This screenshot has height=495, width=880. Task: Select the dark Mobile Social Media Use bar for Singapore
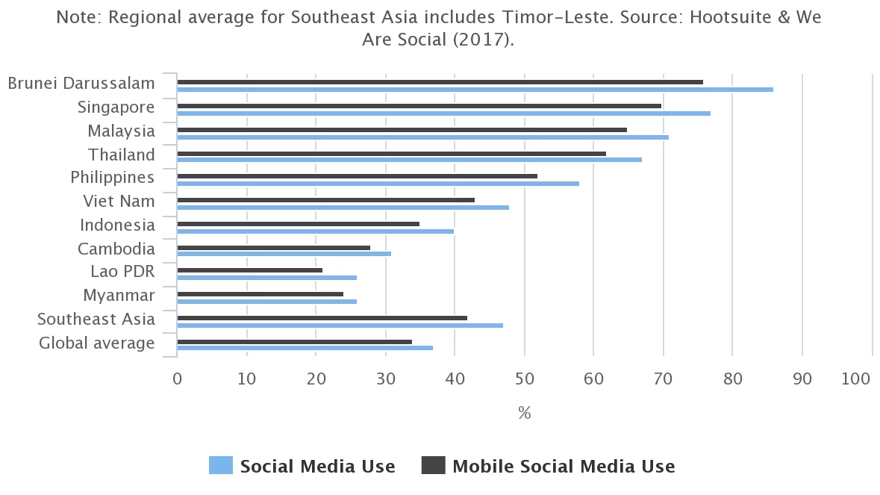click(x=419, y=106)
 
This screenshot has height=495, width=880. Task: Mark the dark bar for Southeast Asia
click(x=322, y=318)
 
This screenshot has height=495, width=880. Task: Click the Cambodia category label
click(x=116, y=249)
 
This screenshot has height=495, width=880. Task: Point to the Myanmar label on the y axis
click(x=119, y=295)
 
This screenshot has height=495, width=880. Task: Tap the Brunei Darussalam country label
click(x=81, y=83)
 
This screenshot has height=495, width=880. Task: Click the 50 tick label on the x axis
click(x=524, y=379)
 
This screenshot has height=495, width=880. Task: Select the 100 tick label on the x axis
click(x=855, y=379)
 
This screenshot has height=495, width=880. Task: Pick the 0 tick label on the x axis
click(x=177, y=379)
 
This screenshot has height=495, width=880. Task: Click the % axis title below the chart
click(x=524, y=413)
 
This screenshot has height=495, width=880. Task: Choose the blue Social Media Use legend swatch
click(x=221, y=466)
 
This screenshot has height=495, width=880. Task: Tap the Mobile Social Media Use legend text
click(x=564, y=467)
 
